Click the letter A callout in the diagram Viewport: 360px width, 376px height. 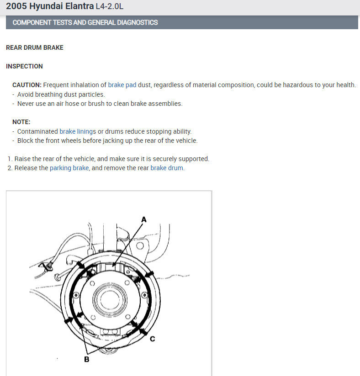(143, 219)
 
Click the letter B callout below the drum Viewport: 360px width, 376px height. (87, 359)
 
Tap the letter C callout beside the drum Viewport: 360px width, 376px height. (153, 339)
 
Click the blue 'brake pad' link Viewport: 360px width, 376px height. (122, 85)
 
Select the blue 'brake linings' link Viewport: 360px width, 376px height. (78, 131)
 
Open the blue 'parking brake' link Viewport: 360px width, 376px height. (69, 168)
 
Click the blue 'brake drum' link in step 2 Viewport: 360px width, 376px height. (167, 168)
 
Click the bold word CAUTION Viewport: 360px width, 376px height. (27, 85)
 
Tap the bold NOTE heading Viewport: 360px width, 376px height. (21, 122)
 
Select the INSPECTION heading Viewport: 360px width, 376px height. (24, 66)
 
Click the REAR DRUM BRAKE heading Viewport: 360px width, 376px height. (35, 47)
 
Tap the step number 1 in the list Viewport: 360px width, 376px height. (10, 159)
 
